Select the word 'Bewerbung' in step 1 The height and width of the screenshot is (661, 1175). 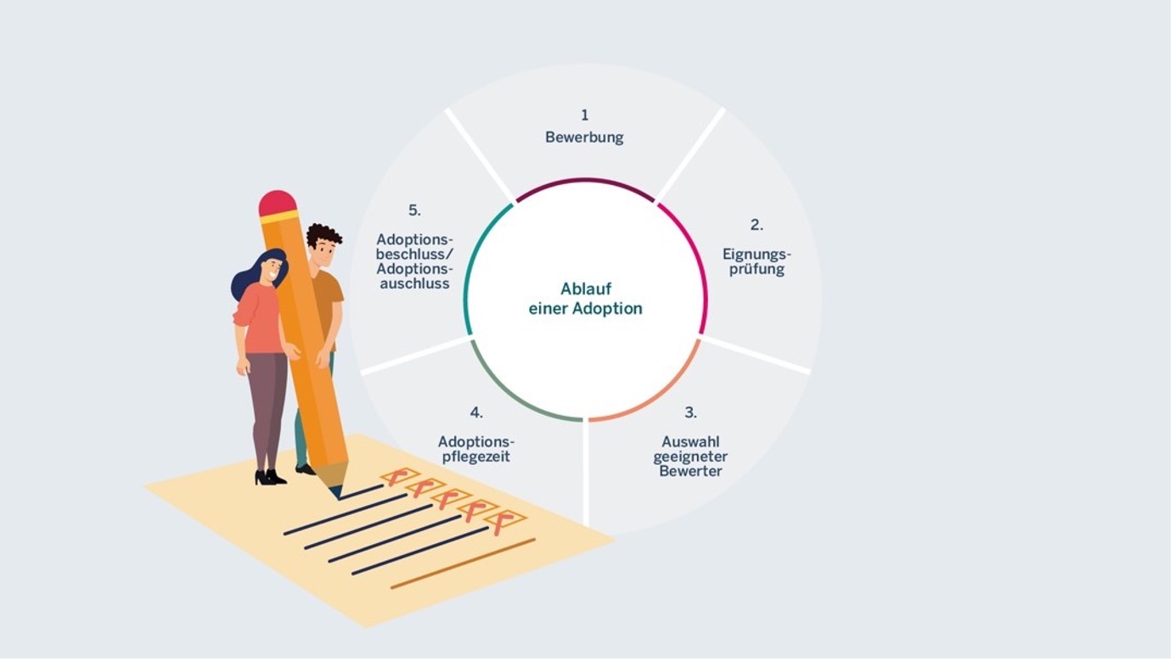coord(586,137)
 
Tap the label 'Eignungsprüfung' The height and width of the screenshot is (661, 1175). coord(756,261)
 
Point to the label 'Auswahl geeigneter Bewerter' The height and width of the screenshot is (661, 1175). coord(692,457)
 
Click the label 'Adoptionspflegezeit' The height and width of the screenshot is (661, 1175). coord(477,449)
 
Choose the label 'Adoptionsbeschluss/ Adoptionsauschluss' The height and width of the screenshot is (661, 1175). coord(414,261)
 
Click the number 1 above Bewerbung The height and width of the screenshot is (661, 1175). coord(586,115)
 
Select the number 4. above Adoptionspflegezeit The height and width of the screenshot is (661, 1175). coord(477,413)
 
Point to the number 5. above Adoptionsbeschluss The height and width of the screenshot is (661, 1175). coord(414,210)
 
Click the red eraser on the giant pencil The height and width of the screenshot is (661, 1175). coord(278,204)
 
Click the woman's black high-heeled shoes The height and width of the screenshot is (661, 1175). coord(271,478)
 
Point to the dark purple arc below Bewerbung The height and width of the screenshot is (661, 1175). coord(586,182)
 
